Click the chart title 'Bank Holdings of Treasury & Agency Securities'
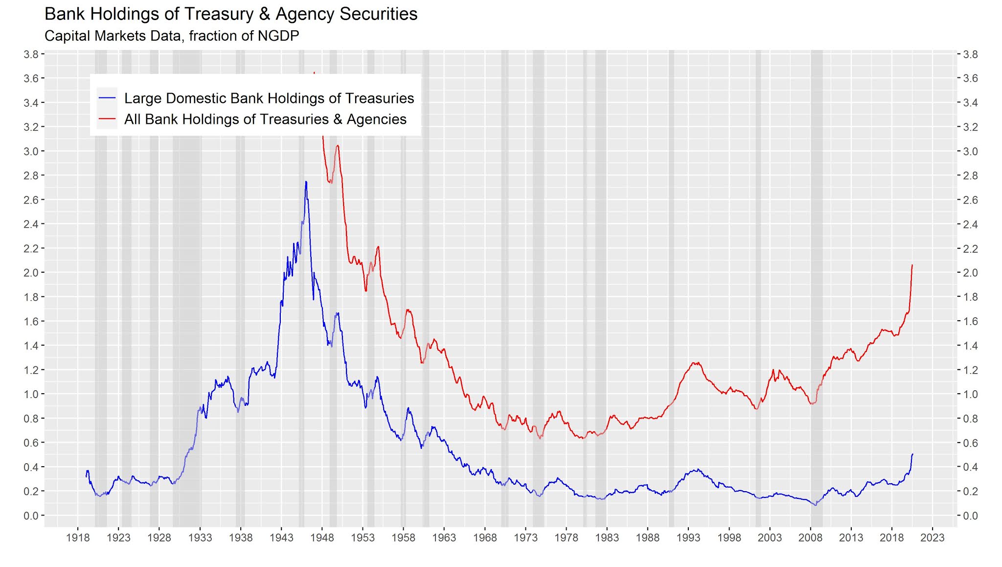click(x=231, y=14)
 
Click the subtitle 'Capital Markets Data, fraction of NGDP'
click(x=171, y=36)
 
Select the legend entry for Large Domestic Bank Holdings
click(x=269, y=98)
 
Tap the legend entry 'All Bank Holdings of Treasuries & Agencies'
click(x=265, y=119)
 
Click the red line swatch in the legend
click(x=107, y=119)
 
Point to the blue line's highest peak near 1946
click(x=306, y=182)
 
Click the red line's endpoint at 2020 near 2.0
click(x=912, y=265)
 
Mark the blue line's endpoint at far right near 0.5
click(x=912, y=454)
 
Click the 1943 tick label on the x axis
click(x=281, y=538)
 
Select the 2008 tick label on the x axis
click(x=810, y=538)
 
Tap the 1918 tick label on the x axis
click(x=78, y=538)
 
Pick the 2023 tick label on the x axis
click(x=933, y=538)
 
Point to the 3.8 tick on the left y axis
click(x=31, y=54)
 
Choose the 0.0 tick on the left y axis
click(x=31, y=516)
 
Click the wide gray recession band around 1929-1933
click(x=187, y=294)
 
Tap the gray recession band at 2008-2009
click(x=817, y=294)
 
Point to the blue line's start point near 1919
click(x=87, y=476)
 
